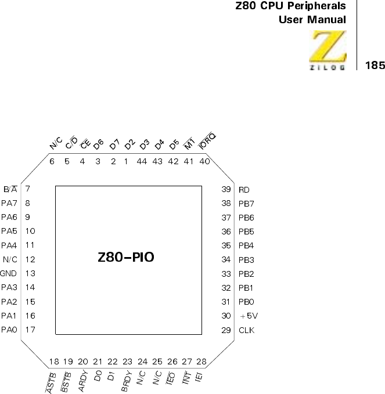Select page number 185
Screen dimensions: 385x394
[375, 65]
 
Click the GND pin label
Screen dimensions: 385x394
[8, 273]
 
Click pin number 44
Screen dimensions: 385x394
[142, 161]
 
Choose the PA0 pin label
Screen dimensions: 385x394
[9, 330]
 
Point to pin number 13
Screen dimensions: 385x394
[31, 273]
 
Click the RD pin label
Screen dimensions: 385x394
[244, 189]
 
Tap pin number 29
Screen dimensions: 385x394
[226, 330]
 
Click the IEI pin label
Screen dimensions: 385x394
[200, 378]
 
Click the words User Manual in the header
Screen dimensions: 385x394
[312, 20]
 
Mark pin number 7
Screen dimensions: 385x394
[27, 189]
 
